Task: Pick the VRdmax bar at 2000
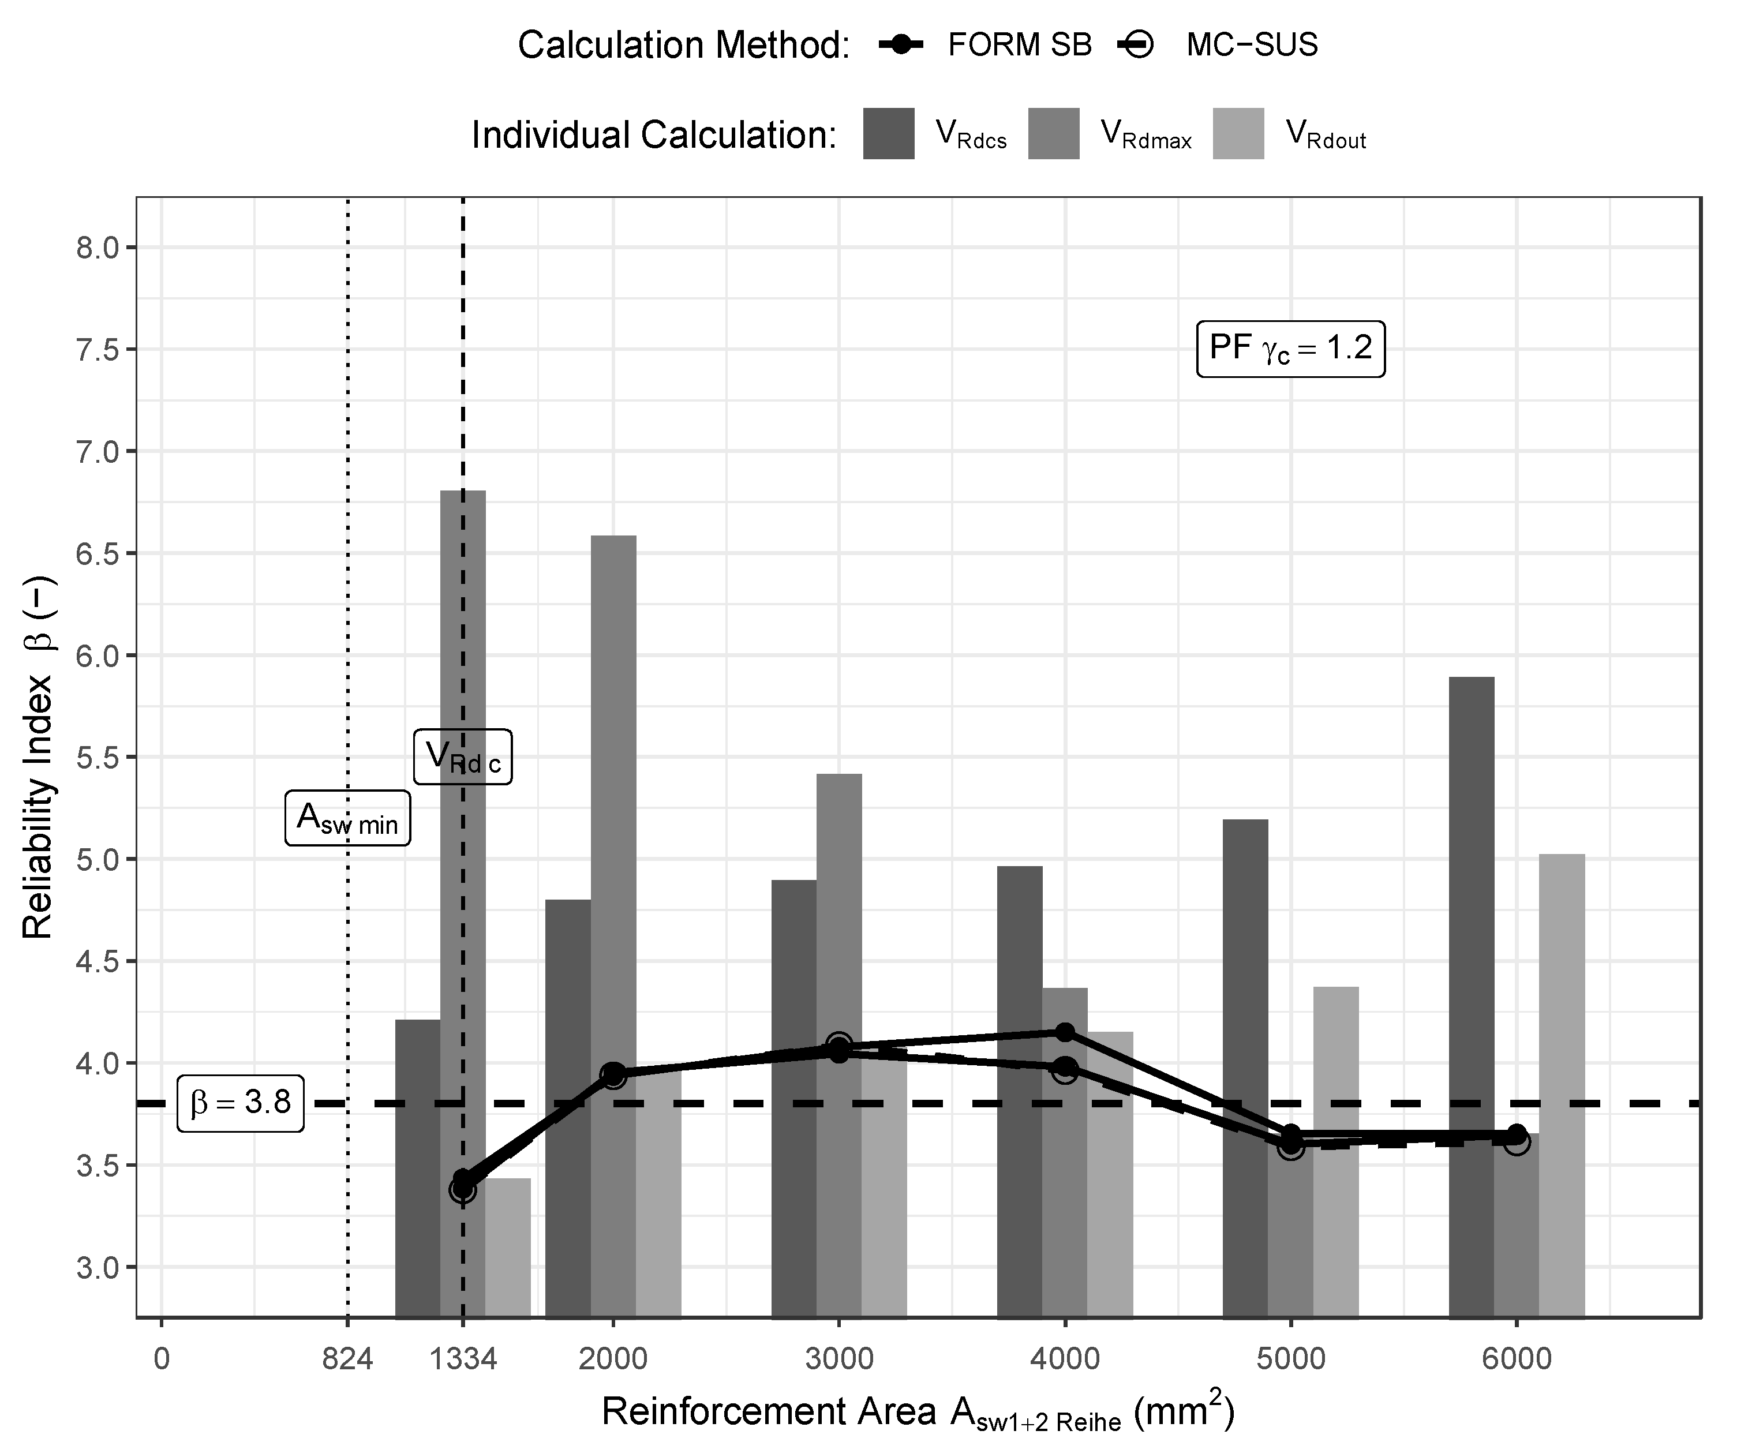pyautogui.click(x=614, y=868)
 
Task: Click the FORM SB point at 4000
pyautogui.click(x=1065, y=1032)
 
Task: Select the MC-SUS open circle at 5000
pyautogui.click(x=1291, y=1147)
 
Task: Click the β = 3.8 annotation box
pyautogui.click(x=241, y=1103)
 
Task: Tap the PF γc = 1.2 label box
pyautogui.click(x=1290, y=349)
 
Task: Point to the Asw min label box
pyautogui.click(x=347, y=818)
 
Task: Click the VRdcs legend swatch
pyautogui.click(x=888, y=133)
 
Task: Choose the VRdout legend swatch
pyautogui.click(x=1238, y=133)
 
